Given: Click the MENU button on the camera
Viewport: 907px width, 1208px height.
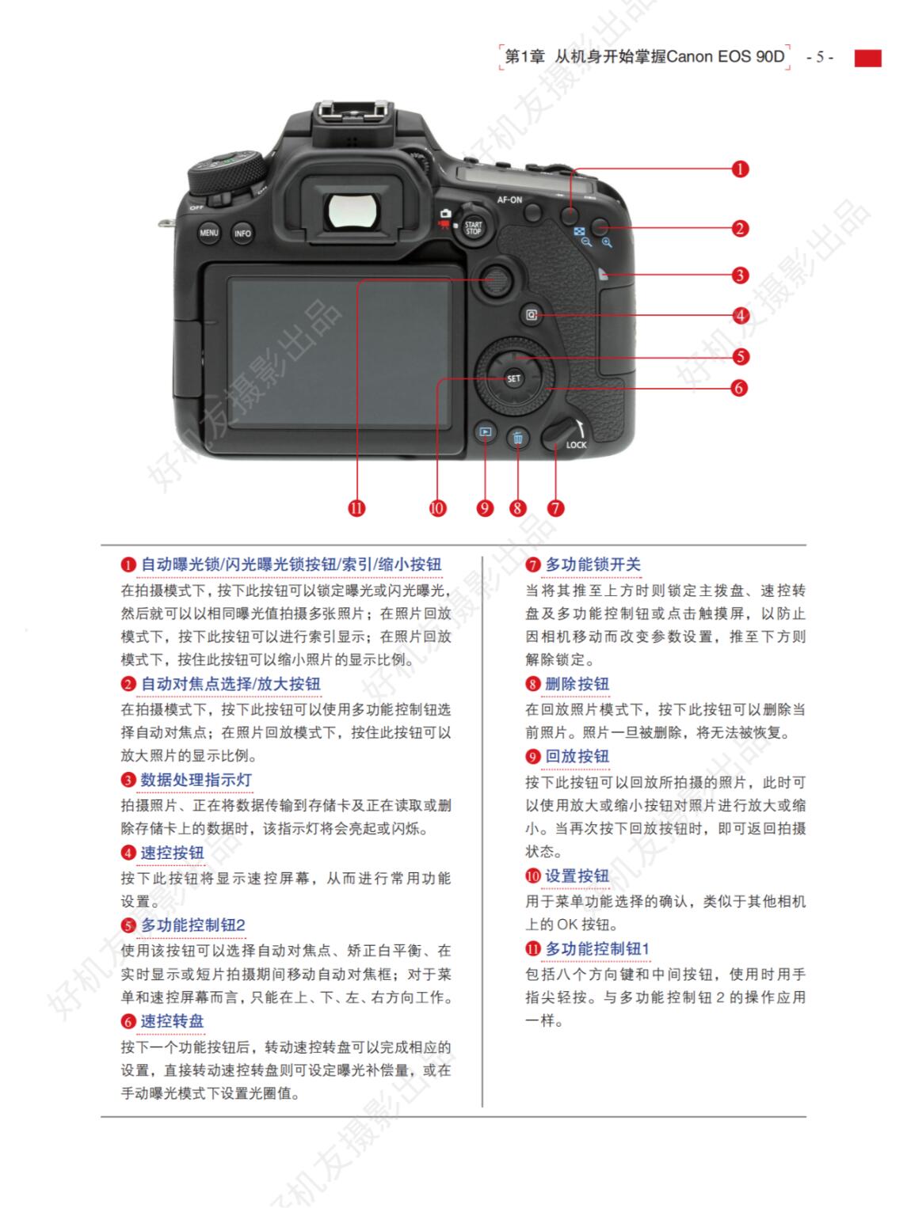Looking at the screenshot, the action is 208,232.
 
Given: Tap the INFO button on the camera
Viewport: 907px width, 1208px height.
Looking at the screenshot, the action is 242,234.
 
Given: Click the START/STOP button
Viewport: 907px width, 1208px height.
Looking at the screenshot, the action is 473,227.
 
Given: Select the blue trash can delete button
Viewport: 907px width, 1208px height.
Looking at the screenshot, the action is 517,438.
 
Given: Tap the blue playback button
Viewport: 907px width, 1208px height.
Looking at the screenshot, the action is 485,432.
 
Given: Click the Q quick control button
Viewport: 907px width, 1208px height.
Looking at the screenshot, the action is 532,315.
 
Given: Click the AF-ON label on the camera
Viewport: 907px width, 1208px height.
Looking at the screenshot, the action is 509,199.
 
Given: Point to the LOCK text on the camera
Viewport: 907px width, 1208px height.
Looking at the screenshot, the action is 576,445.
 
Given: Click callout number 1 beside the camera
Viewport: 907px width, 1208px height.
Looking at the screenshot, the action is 740,169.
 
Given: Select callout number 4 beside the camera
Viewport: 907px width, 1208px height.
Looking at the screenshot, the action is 740,315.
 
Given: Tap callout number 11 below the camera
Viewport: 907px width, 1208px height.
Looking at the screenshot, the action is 356,507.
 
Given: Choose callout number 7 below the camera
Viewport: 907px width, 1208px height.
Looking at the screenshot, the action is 555,507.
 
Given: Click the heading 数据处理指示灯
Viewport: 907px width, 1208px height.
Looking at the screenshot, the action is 196,780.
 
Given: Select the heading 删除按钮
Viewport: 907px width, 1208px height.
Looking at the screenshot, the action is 577,684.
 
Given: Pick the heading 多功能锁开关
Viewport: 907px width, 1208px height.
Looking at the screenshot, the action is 593,564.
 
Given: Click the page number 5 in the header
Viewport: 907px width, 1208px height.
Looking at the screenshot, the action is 820,57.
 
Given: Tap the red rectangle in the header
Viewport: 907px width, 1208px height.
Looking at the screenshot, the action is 868,58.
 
